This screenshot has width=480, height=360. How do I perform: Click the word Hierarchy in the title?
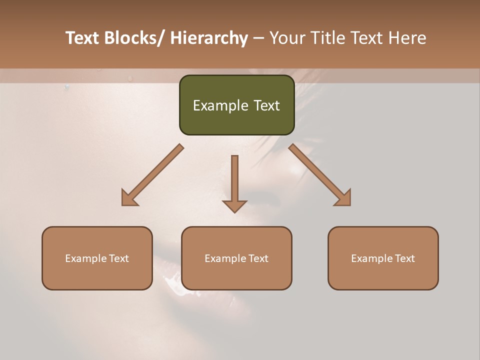[209, 38]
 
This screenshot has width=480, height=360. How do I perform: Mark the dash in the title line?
[258, 38]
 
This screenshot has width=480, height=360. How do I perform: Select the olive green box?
[236, 105]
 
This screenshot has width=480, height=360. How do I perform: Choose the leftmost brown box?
[97, 258]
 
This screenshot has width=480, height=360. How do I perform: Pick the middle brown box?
[236, 258]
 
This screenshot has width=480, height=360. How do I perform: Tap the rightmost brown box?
[383, 258]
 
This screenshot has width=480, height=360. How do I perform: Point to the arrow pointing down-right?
[320, 175]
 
